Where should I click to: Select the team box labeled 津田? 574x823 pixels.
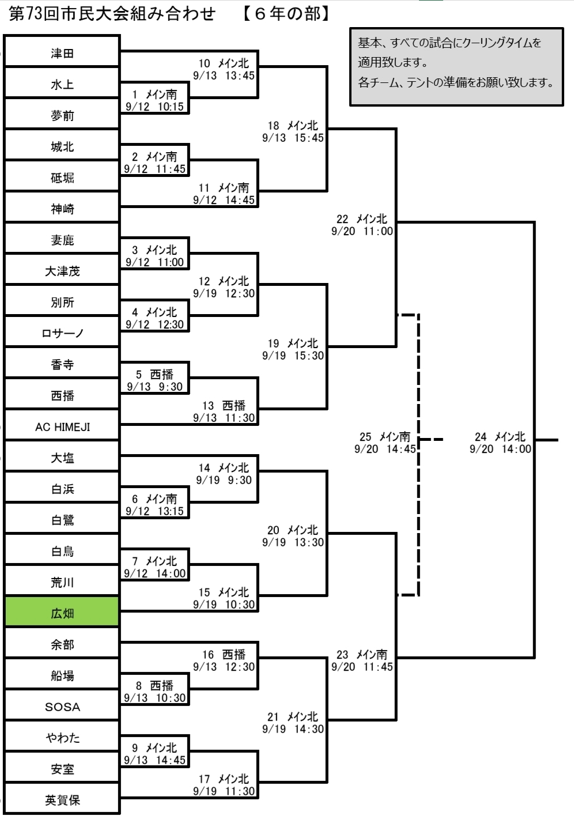62,53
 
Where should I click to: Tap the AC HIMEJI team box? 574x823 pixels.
62,426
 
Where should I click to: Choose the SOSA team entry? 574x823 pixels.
62,707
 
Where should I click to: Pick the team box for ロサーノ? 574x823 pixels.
62,333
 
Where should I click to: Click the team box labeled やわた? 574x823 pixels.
62,737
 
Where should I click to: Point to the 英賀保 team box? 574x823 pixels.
62,799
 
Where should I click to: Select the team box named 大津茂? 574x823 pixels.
62,271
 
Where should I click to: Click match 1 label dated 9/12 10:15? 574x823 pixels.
154,100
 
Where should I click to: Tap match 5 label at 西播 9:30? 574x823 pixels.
154,380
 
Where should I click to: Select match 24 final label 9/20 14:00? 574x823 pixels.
500,443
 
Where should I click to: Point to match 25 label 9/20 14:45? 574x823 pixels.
385,443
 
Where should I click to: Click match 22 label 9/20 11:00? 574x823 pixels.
362,225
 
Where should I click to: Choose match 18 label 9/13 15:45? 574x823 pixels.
293,131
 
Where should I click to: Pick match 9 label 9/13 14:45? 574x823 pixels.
154,754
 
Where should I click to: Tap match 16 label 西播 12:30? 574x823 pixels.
224,660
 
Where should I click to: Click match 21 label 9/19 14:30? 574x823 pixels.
293,722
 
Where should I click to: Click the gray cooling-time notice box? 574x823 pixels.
456,66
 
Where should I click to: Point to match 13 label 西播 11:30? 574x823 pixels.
224,411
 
